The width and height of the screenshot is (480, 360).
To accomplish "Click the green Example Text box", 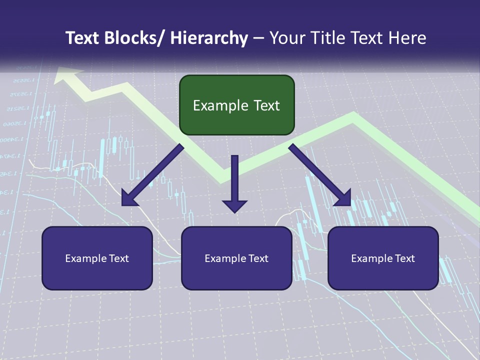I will click(x=236, y=105).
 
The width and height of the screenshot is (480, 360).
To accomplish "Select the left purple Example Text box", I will click(x=97, y=258).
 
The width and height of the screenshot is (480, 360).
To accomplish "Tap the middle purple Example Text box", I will click(x=236, y=258).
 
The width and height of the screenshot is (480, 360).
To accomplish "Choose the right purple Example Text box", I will click(x=383, y=258).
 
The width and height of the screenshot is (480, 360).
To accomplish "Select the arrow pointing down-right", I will click(x=320, y=175).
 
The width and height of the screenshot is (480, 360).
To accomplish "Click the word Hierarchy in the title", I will click(x=209, y=38).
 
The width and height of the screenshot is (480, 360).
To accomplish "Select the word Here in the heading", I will click(x=407, y=38).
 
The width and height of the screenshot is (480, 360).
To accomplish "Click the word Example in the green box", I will click(x=216, y=105).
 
